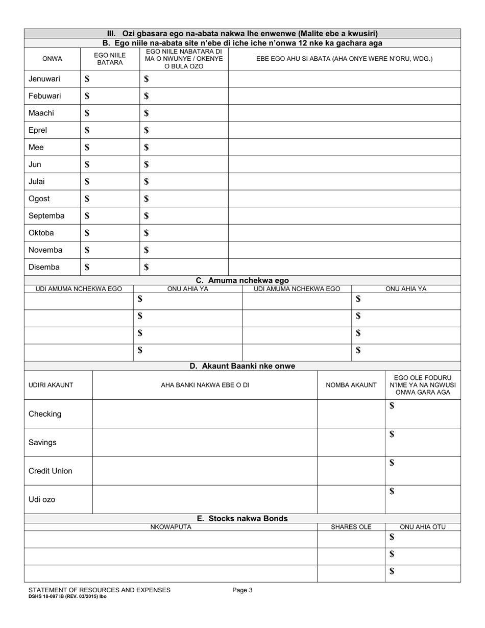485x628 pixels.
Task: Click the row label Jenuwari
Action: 44,79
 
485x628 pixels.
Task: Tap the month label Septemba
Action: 46,215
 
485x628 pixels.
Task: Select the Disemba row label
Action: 44,267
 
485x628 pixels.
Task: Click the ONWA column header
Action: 52,59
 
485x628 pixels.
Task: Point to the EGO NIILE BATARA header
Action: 110,59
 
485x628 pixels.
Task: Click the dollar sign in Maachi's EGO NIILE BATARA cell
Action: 87,113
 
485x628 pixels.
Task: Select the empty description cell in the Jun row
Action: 344,164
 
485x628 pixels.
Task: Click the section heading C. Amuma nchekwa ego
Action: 242,280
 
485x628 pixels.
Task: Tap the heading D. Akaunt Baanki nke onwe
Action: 242,366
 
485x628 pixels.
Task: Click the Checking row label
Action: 45,414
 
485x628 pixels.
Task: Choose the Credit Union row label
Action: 50,471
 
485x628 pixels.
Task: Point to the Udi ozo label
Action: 42,499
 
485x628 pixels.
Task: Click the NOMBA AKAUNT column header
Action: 351,385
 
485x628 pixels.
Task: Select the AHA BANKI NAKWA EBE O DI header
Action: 205,385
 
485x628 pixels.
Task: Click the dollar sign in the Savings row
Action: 392,434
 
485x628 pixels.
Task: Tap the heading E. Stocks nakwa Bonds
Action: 242,518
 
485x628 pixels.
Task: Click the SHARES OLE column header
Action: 351,527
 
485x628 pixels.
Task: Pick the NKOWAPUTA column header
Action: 171,527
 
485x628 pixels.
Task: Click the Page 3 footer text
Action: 242,590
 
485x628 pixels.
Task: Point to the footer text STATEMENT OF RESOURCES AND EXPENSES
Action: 100,590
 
